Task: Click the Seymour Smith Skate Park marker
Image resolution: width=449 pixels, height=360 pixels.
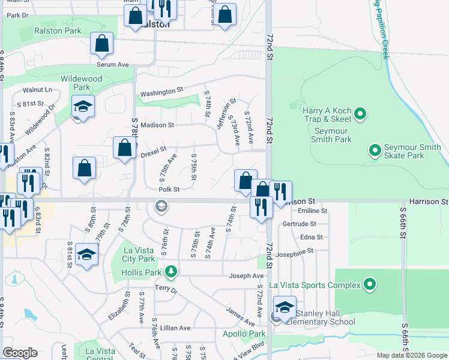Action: (x=375, y=149)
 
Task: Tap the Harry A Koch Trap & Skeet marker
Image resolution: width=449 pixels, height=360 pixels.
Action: (x=360, y=113)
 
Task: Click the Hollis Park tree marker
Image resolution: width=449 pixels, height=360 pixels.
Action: (x=172, y=272)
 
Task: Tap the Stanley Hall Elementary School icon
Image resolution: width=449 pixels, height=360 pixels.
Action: (x=285, y=307)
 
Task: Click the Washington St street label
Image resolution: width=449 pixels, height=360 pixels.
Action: (x=161, y=93)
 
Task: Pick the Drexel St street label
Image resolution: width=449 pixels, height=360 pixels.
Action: (x=152, y=154)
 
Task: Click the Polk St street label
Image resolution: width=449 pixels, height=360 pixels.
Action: (x=169, y=189)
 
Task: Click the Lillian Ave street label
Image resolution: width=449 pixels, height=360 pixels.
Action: (x=175, y=328)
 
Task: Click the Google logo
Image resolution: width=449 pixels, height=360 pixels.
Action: (x=20, y=353)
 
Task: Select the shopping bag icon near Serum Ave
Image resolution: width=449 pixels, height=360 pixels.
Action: (x=102, y=43)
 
